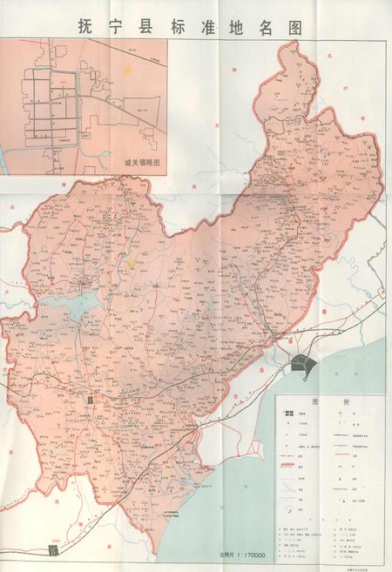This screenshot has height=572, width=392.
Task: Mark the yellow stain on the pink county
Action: click(130, 259)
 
